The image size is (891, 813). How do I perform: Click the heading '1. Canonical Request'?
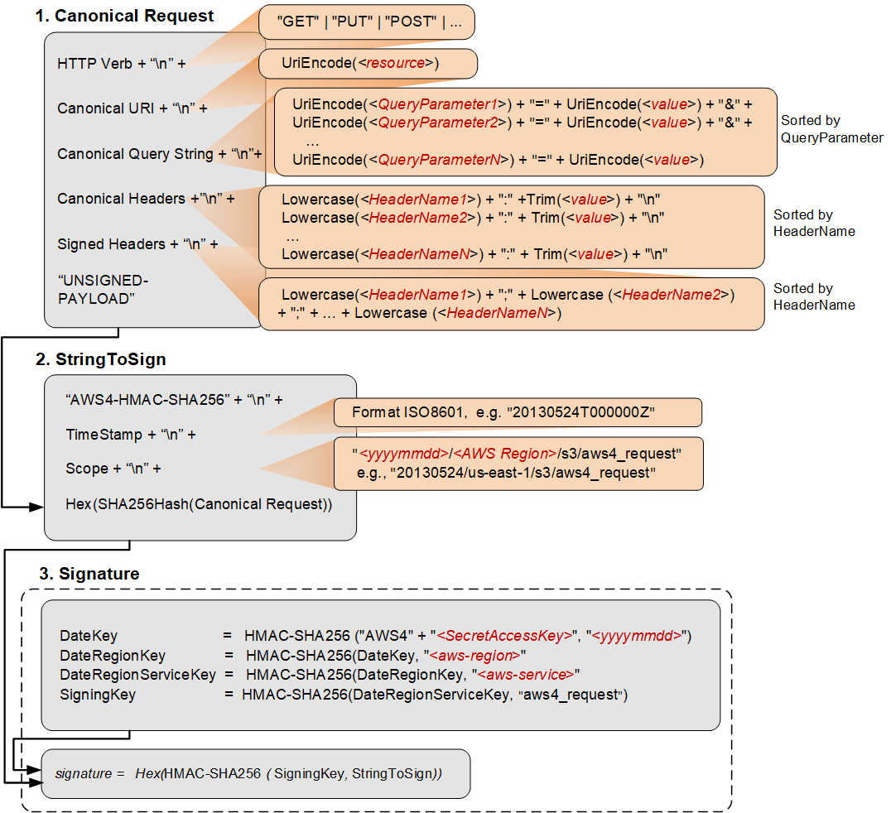pos(124,16)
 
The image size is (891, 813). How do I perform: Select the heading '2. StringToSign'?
pos(100,359)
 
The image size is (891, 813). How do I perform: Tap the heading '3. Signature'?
pos(89,574)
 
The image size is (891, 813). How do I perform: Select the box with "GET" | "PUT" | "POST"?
pos(366,22)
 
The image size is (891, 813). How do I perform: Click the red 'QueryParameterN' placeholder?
pos(439,161)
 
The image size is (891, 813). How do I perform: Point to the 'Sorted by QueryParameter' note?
pos(831,129)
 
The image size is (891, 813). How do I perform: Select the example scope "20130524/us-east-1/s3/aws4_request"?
pos(523,473)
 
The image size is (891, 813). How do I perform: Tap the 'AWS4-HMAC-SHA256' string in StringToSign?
pos(147,400)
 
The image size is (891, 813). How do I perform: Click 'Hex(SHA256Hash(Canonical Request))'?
pos(199,504)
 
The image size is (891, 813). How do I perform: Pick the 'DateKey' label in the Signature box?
pos(88,636)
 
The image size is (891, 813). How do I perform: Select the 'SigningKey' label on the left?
pos(97,695)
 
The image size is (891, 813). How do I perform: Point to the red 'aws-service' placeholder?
pos(523,675)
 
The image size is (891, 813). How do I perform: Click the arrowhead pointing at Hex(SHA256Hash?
pos(37,505)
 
